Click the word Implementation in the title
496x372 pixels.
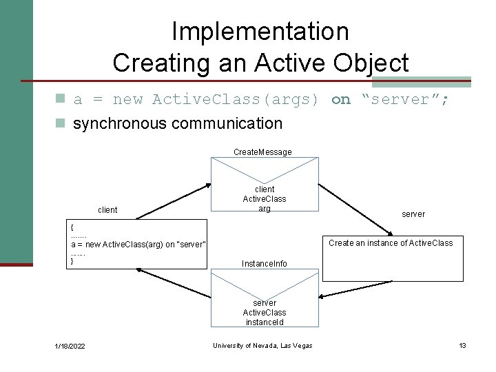[x=260, y=31]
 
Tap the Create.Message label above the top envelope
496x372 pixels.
[x=262, y=152]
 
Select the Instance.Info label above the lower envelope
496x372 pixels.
[x=264, y=264]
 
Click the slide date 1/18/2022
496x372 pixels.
[x=70, y=346]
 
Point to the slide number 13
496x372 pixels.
[x=462, y=345]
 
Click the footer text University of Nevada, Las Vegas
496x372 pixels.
[x=262, y=346]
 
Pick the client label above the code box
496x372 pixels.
[x=107, y=210]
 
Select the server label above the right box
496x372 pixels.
[x=413, y=214]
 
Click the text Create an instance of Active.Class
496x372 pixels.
[x=391, y=242]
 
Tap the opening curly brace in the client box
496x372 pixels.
[x=72, y=226]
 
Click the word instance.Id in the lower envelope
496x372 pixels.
[x=265, y=322]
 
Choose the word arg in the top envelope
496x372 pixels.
[x=265, y=209]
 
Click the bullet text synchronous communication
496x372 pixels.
[x=177, y=123]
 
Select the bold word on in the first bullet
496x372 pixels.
[x=340, y=100]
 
